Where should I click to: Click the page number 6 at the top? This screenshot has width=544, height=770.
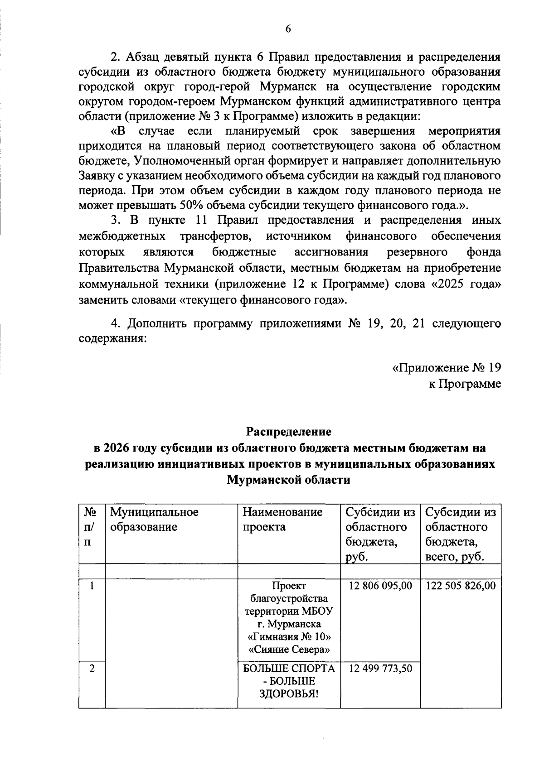click(287, 29)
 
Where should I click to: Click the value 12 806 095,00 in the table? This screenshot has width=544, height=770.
click(381, 586)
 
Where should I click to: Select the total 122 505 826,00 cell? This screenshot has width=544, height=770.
click(461, 586)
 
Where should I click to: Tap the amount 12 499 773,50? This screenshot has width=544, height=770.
click(381, 668)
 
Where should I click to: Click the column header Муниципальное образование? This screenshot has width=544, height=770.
click(155, 520)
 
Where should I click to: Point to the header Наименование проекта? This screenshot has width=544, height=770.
click(283, 520)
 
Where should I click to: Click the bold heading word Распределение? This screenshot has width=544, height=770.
click(289, 431)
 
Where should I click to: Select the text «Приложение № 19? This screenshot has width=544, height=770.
click(446, 367)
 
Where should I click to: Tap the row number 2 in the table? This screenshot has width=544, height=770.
click(92, 668)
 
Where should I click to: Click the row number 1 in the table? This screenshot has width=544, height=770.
click(92, 586)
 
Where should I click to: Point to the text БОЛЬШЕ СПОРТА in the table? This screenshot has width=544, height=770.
click(289, 668)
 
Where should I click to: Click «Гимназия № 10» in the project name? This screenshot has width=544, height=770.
click(289, 637)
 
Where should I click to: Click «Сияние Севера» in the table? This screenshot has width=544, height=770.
click(289, 650)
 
